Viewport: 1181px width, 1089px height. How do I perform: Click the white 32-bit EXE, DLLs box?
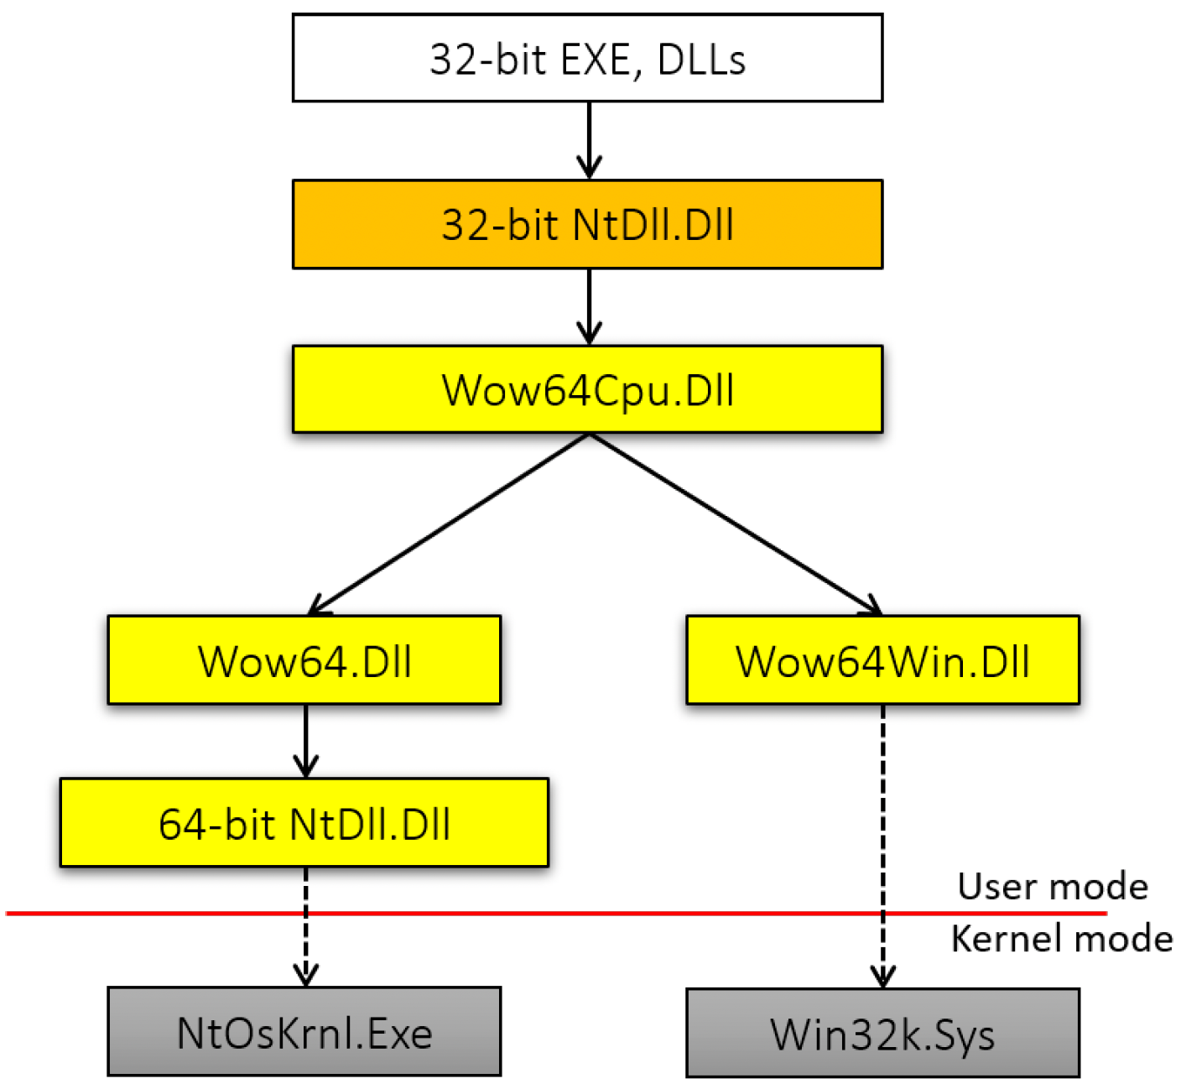click(x=587, y=58)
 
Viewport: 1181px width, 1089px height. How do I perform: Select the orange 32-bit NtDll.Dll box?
click(x=587, y=224)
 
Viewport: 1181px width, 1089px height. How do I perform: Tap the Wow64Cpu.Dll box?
click(x=587, y=389)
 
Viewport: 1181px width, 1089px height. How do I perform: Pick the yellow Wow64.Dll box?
click(x=304, y=660)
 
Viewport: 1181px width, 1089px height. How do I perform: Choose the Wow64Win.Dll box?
click(x=883, y=660)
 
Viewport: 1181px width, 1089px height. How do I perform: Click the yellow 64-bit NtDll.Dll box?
click(x=304, y=822)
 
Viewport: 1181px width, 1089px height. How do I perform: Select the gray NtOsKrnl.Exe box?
click(x=304, y=1032)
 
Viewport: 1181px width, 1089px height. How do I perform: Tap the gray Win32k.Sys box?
click(x=883, y=1033)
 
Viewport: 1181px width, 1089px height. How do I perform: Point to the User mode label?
click(x=1053, y=886)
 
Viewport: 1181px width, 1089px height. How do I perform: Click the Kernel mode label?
click(x=1062, y=939)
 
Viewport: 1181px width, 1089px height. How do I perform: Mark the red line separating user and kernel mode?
click(x=556, y=913)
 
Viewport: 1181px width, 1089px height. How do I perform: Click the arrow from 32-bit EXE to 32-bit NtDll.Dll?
click(x=590, y=140)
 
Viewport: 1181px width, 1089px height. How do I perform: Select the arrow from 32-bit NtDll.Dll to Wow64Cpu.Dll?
click(x=590, y=307)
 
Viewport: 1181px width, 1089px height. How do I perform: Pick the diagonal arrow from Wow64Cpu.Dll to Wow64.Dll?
click(x=449, y=524)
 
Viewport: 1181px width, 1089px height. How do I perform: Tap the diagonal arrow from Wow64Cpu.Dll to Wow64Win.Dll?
click(x=736, y=524)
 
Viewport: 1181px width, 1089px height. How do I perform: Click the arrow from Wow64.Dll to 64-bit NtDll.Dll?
click(x=305, y=741)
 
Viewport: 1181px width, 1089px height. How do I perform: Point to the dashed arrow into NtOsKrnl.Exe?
click(x=305, y=926)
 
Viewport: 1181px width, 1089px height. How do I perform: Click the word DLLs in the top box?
click(x=701, y=60)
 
